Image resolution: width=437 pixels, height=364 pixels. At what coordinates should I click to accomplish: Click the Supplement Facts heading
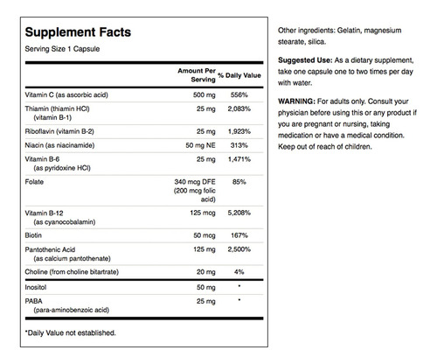[x=78, y=32]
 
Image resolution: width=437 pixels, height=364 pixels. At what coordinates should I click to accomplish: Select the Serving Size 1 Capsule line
[x=62, y=49]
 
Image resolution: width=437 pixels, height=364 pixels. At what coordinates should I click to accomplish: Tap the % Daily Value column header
[x=239, y=75]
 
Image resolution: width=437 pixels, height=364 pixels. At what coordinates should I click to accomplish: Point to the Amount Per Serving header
[x=197, y=75]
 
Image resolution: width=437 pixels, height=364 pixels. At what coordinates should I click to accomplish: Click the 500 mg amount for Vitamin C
[x=205, y=95]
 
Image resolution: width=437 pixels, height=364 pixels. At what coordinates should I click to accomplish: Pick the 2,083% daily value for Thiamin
[x=239, y=108]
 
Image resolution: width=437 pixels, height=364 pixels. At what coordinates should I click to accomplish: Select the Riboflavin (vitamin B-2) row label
[x=59, y=131]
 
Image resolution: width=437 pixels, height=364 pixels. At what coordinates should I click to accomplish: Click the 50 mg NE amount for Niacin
[x=200, y=145]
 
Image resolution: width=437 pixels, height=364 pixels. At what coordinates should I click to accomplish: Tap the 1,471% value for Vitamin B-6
[x=239, y=159]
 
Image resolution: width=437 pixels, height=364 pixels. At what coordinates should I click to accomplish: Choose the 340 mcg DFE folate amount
[x=195, y=182]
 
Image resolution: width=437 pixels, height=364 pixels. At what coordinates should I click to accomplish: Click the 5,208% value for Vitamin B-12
[x=239, y=213]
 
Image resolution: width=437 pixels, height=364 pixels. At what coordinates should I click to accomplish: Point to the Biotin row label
[x=33, y=235]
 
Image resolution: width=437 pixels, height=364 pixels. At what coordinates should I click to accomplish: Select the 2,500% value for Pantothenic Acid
[x=239, y=249]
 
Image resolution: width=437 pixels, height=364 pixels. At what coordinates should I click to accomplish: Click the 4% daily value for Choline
[x=239, y=272]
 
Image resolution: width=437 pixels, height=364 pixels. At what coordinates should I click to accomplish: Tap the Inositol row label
[x=36, y=287]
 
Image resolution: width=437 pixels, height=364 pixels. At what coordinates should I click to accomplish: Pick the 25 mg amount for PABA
[x=206, y=301]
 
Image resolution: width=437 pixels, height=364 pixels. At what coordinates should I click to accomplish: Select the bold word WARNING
[x=296, y=101]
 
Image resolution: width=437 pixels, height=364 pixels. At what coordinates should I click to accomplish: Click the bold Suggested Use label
[x=305, y=60]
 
